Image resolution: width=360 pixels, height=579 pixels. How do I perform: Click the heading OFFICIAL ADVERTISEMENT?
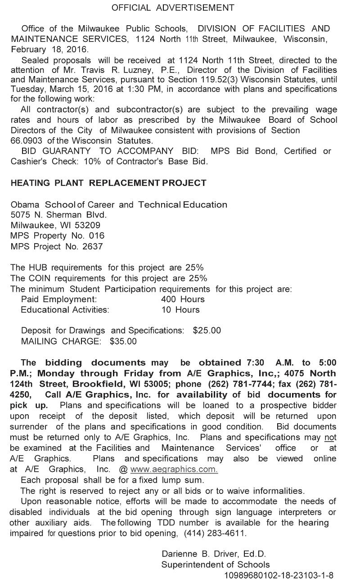coord(173,8)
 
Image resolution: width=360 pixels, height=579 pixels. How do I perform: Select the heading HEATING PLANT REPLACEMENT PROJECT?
coord(108,183)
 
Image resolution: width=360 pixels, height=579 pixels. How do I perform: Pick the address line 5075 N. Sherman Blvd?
coord(58,215)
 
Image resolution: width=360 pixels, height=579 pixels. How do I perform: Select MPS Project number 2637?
coord(93,246)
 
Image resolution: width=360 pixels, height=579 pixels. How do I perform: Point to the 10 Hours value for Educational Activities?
coord(180,310)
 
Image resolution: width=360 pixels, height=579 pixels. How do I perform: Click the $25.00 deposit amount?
coord(207,330)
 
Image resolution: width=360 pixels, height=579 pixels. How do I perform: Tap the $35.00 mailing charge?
coord(123,341)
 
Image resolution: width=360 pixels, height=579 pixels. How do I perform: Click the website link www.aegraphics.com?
coord(174,469)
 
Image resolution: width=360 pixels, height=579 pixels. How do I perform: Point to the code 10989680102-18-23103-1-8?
coord(279,575)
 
